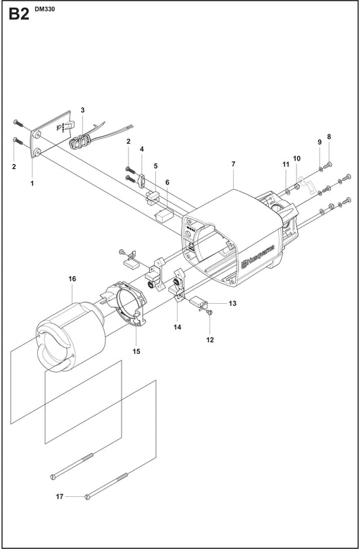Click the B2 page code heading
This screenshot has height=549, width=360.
(x=19, y=14)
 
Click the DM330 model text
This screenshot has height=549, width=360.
(x=45, y=9)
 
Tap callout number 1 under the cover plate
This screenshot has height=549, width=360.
(x=32, y=183)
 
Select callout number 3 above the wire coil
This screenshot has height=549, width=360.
(x=82, y=110)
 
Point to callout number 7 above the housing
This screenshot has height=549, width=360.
(x=234, y=164)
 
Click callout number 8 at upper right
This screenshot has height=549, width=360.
(x=329, y=136)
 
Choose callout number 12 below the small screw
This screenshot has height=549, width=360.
(x=210, y=340)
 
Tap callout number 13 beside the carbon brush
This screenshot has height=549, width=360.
(x=232, y=303)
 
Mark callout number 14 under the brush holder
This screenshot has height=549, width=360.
(x=178, y=327)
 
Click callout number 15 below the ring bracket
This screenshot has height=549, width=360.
(x=136, y=351)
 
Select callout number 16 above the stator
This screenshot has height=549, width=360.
(x=72, y=279)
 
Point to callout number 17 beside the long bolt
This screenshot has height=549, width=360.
(x=60, y=496)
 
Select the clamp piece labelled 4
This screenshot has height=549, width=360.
(x=142, y=181)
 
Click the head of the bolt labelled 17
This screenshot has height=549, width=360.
(x=88, y=497)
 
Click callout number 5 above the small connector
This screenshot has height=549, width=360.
(x=155, y=166)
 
